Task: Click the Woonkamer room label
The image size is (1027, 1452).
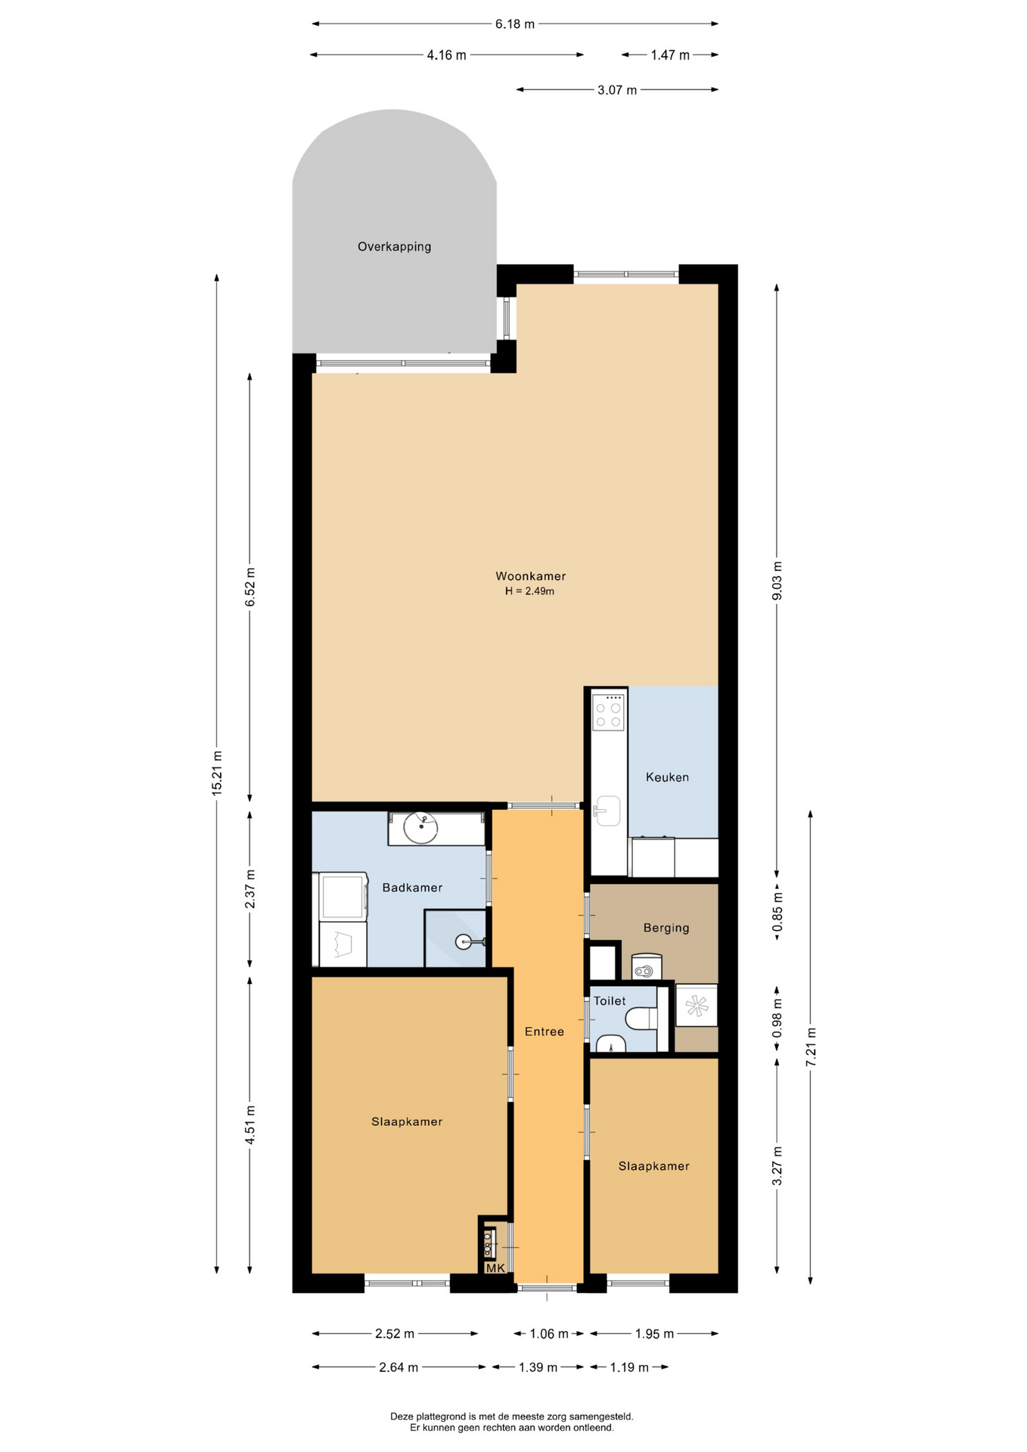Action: click(x=530, y=576)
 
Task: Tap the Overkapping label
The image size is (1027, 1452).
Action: click(x=394, y=247)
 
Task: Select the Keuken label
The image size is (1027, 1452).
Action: click(x=667, y=777)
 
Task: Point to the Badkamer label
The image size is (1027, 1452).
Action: click(x=412, y=887)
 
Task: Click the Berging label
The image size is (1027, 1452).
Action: click(x=666, y=928)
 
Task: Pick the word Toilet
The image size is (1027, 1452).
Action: click(x=610, y=1001)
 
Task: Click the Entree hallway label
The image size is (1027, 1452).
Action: click(x=545, y=1032)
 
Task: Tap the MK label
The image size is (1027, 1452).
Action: click(x=495, y=1268)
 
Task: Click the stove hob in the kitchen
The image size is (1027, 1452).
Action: click(x=608, y=712)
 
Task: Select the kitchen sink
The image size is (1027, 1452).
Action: click(x=607, y=811)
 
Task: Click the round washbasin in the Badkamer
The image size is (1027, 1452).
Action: click(x=420, y=828)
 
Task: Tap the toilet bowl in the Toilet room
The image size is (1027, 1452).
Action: click(x=641, y=1018)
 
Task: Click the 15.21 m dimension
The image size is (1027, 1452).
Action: click(x=217, y=773)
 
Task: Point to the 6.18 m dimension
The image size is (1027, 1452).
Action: click(x=515, y=24)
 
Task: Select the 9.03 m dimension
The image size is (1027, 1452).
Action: click(x=777, y=581)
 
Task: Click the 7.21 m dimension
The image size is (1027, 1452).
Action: click(x=811, y=1047)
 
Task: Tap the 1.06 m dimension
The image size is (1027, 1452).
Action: click(x=549, y=1333)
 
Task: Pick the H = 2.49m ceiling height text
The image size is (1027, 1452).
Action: click(x=529, y=591)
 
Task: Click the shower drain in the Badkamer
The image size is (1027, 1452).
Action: click(x=464, y=942)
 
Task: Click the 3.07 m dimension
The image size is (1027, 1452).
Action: click(x=617, y=90)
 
